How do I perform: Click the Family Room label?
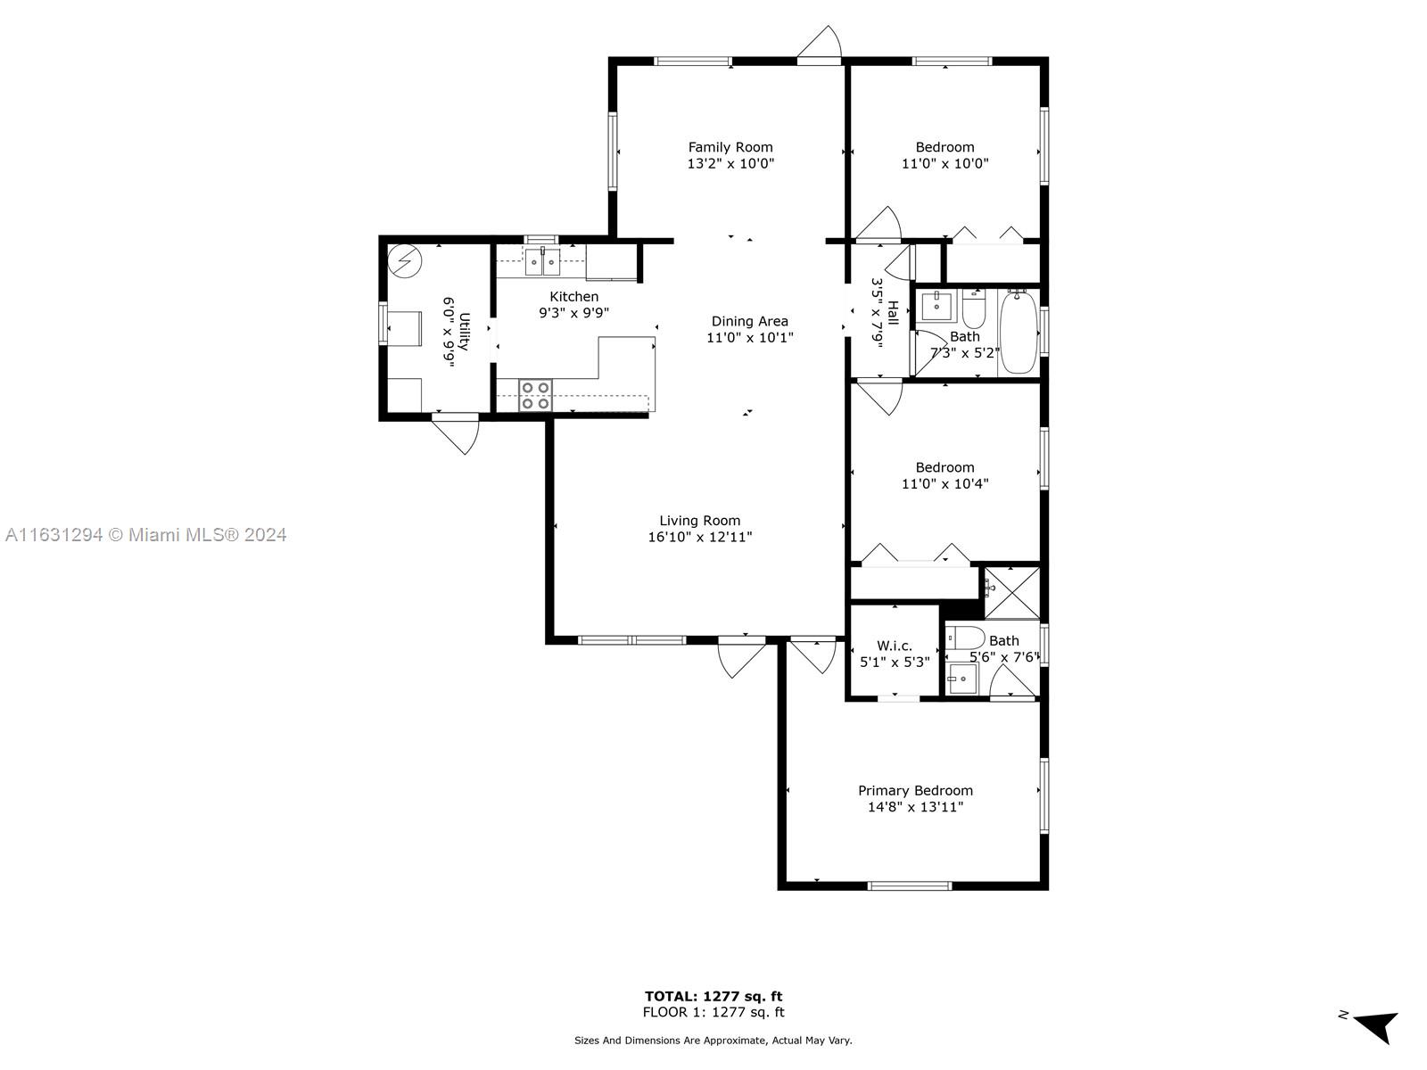click(x=730, y=147)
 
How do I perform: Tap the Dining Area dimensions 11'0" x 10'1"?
click(x=749, y=337)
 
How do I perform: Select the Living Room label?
click(x=699, y=521)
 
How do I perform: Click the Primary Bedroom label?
click(x=915, y=791)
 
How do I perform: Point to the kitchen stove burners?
click(x=535, y=396)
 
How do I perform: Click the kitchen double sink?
click(x=541, y=261)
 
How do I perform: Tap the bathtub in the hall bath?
click(x=1019, y=333)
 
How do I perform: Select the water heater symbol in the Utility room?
click(x=404, y=261)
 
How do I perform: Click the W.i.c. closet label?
click(x=894, y=646)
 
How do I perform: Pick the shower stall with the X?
click(x=1012, y=592)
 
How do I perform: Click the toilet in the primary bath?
click(x=964, y=638)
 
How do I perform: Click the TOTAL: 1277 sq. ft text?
click(x=713, y=996)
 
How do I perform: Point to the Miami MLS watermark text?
click(x=145, y=535)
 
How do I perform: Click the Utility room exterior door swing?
click(x=456, y=434)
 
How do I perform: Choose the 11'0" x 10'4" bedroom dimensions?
click(x=944, y=483)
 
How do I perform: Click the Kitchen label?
click(x=573, y=297)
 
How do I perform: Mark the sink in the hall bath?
click(x=936, y=306)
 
